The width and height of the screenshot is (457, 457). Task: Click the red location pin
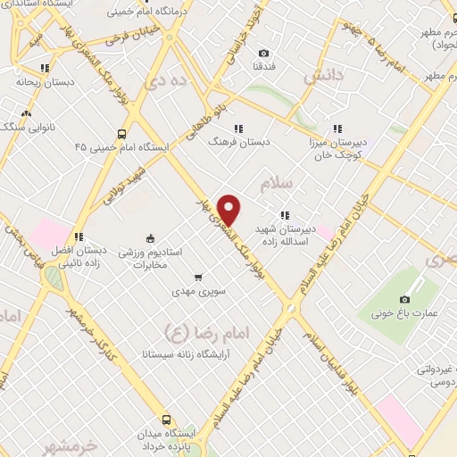pos(230,210)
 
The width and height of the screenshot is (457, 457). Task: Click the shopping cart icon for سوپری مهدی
pos(198,277)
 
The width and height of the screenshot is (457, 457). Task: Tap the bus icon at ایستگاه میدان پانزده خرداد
pos(166,420)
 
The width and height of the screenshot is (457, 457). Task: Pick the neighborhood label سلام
pos(277,185)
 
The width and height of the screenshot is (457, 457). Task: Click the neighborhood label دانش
pos(322,78)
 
